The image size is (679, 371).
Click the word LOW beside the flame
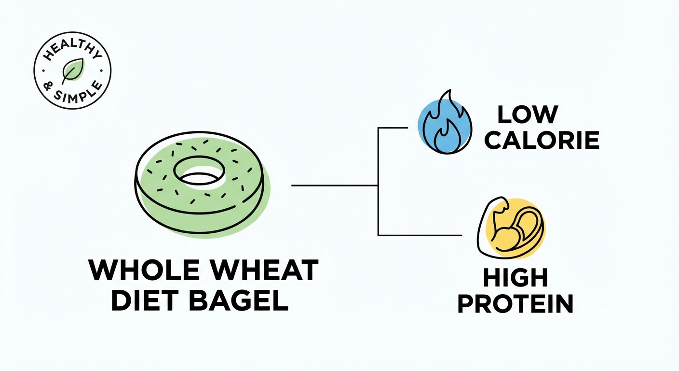[528, 114]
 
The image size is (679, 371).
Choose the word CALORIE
[542, 140]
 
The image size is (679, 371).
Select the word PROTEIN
[515, 304]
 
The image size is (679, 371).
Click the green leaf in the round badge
[72, 72]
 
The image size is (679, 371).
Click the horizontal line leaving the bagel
[333, 185]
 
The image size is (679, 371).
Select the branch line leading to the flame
[393, 128]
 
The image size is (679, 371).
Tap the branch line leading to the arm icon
[420, 235]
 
